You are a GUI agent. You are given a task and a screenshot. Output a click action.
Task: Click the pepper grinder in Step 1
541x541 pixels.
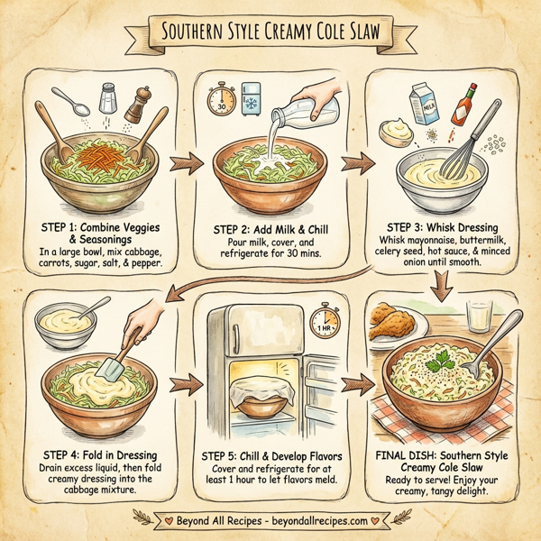(x=136, y=105)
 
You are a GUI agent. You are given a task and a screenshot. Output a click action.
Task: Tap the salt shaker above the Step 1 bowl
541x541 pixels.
(x=108, y=96)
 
